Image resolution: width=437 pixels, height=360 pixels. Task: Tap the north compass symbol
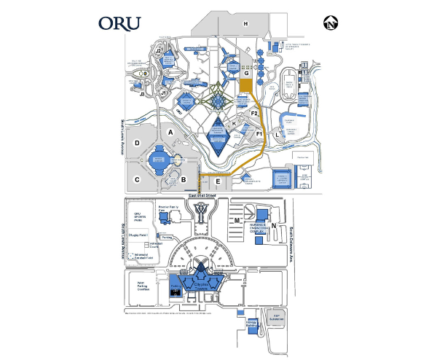[331, 24]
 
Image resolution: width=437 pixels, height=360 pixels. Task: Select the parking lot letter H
[246, 25]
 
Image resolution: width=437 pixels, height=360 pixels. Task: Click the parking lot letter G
[247, 73]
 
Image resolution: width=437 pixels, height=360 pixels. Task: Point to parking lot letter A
[170, 133]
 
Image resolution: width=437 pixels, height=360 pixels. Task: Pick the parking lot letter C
[136, 178]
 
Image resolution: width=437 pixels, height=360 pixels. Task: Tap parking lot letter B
[184, 179]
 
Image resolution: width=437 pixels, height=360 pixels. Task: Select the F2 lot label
[254, 114]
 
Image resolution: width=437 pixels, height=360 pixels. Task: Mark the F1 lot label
[259, 134]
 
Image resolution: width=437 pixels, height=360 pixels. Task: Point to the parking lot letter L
[277, 136]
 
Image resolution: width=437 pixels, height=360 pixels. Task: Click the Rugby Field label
[139, 235]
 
